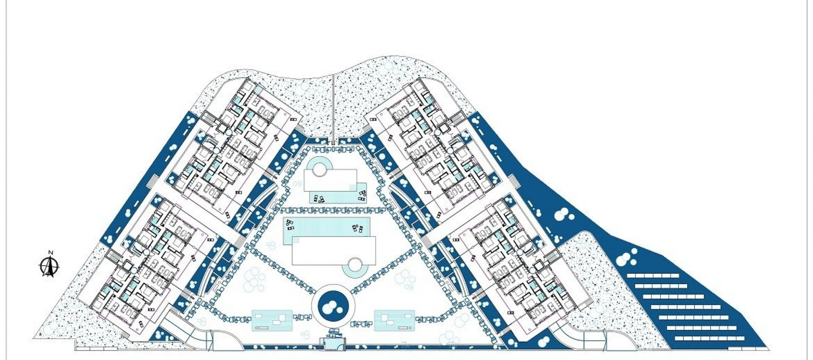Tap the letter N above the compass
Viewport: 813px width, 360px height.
[50, 253]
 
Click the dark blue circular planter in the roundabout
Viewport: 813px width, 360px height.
[333, 306]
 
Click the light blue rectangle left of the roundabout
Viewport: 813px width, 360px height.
[272, 320]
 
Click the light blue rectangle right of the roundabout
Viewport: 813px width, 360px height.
[394, 320]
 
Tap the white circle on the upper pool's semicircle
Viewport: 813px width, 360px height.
[319, 170]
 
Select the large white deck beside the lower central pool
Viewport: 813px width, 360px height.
[334, 250]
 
